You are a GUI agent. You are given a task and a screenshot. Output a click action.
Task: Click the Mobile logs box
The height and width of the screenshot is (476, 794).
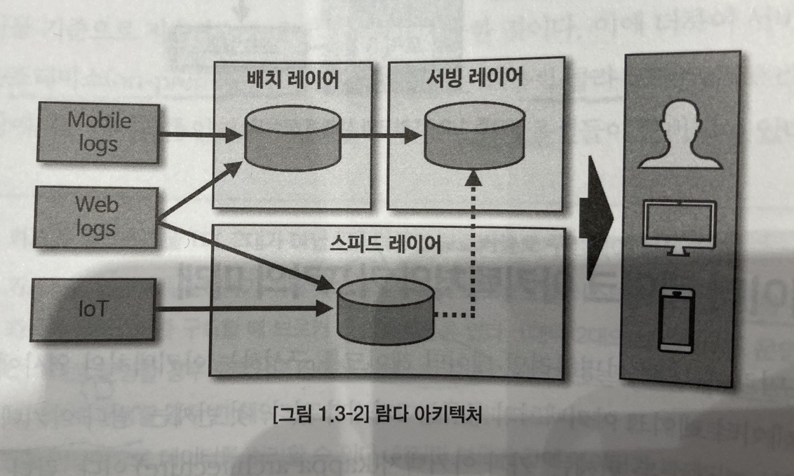(98, 132)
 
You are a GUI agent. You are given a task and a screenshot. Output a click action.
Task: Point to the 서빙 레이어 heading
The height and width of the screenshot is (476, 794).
(474, 77)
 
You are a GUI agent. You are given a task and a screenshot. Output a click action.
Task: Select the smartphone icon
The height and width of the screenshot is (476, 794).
(677, 320)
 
